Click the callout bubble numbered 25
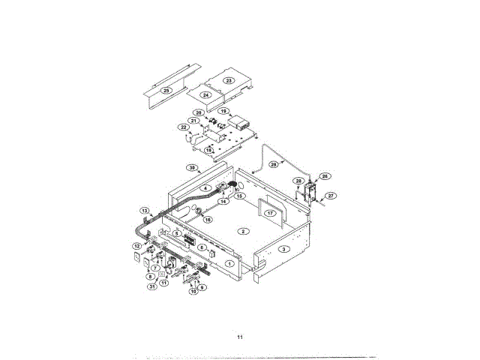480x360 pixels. [166, 90]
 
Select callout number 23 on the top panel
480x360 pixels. [229, 79]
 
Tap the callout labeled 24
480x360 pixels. [205, 94]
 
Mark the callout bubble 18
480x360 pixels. [208, 150]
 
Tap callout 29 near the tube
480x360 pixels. [273, 164]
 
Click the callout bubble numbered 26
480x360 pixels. [325, 176]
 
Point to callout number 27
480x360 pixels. [331, 196]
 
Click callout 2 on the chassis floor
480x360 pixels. [242, 231]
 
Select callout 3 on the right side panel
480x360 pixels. [283, 248]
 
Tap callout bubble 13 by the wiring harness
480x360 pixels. [145, 210]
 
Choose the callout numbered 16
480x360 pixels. [208, 220]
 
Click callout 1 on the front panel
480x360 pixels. [208, 263]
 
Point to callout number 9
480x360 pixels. [202, 288]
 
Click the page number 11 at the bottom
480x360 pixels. [240, 337]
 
